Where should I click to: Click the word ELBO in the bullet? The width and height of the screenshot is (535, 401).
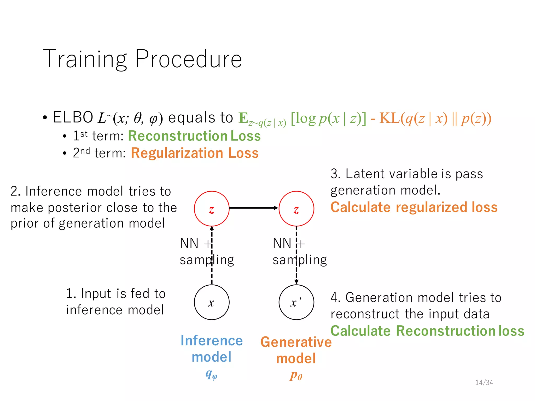(73, 117)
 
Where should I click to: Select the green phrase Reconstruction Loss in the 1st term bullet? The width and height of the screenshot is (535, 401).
(194, 136)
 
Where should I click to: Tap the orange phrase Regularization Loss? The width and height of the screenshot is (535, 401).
(195, 153)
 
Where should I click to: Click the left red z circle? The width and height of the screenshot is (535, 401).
(212, 209)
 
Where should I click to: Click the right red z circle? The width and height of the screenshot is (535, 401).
(296, 209)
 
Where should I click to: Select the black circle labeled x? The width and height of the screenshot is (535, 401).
(212, 302)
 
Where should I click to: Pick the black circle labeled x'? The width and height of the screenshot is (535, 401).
(296, 302)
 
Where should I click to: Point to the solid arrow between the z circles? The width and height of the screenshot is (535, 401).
(253, 208)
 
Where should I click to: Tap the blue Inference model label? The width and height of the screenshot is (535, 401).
(212, 349)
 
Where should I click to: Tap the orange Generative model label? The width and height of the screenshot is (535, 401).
(296, 350)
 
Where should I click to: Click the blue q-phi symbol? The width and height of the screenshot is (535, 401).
(211, 375)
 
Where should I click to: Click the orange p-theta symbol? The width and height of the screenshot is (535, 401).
(296, 375)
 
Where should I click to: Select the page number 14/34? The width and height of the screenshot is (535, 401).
(484, 382)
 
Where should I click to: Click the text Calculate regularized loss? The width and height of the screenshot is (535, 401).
(414, 207)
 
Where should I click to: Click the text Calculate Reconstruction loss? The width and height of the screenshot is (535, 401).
(427, 331)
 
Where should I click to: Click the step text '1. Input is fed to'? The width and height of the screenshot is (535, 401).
(116, 293)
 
